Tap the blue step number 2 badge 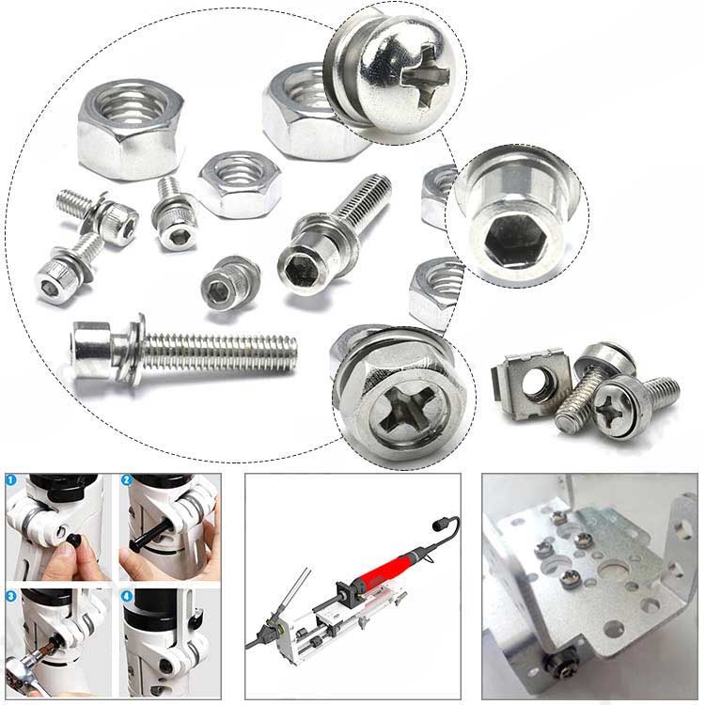click(127, 481)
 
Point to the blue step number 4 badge click(127, 596)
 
